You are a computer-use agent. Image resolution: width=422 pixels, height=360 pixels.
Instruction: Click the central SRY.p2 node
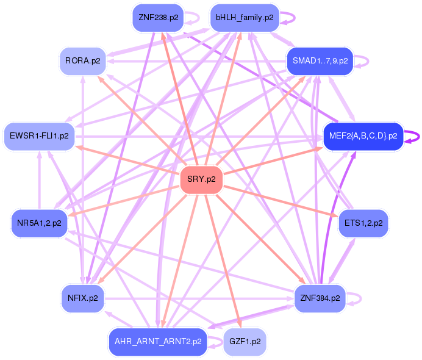(x=201, y=179)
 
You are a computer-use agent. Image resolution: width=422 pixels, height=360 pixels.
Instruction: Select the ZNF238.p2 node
(x=158, y=18)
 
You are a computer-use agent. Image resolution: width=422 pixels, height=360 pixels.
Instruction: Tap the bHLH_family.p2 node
(x=244, y=18)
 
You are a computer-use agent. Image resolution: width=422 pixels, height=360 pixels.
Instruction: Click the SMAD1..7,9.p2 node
(x=320, y=61)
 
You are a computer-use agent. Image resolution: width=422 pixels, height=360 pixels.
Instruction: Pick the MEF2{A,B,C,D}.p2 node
(x=363, y=136)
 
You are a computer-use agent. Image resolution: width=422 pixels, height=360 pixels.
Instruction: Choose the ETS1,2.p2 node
(x=363, y=223)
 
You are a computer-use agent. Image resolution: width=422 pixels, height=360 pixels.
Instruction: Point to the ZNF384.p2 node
(x=320, y=298)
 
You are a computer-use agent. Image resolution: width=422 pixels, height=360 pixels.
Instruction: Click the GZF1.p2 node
(x=245, y=342)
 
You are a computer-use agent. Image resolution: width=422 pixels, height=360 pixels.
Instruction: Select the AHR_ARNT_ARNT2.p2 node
(x=157, y=342)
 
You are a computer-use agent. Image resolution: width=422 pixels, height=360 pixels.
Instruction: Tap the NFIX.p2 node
(x=82, y=298)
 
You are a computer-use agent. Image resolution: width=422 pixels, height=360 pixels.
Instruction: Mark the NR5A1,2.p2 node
(x=39, y=223)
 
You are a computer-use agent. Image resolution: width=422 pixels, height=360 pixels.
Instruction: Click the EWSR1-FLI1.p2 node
(x=39, y=136)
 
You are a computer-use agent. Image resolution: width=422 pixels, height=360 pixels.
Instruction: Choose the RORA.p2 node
(x=82, y=61)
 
